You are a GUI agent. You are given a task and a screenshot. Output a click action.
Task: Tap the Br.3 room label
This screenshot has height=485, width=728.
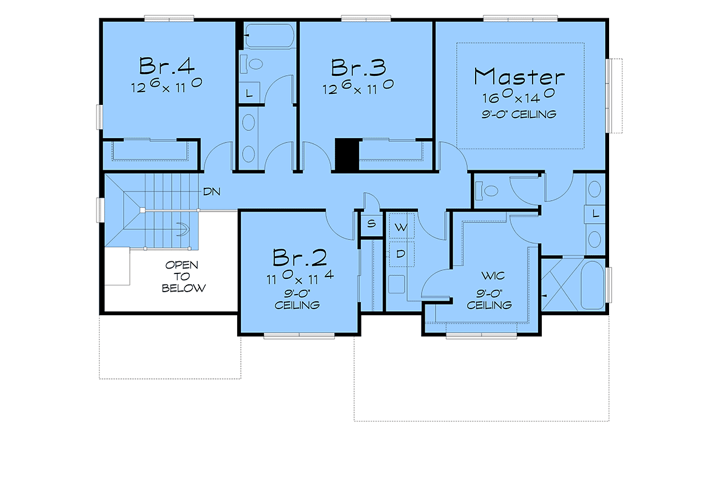[359, 67]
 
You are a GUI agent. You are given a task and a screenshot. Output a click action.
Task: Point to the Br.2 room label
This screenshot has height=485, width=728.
[300, 258]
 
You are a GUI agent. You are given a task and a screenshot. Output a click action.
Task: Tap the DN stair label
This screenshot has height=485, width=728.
[212, 192]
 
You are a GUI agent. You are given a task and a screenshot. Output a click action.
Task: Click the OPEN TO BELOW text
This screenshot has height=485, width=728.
[184, 276]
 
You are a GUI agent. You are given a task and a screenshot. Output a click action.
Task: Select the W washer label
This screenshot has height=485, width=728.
[401, 227]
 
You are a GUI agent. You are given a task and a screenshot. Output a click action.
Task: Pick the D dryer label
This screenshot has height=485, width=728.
[401, 253]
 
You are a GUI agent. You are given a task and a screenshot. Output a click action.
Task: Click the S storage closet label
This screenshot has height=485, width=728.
[371, 224]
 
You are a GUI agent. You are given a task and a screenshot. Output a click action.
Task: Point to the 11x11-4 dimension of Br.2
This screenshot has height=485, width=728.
[300, 277]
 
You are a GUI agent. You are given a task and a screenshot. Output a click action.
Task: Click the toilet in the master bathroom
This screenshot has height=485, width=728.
[487, 190]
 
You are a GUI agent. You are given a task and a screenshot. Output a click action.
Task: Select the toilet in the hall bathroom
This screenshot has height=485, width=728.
[251, 64]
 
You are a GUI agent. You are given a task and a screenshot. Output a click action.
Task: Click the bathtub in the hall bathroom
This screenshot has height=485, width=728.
[269, 35]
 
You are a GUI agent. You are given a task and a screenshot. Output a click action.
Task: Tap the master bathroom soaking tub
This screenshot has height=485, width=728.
[593, 285]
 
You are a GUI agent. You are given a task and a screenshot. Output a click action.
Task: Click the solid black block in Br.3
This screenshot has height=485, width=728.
[347, 155]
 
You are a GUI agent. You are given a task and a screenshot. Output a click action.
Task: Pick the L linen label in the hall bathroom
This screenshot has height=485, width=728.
[249, 93]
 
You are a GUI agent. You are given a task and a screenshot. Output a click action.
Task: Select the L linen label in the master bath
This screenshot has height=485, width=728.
[595, 213]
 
